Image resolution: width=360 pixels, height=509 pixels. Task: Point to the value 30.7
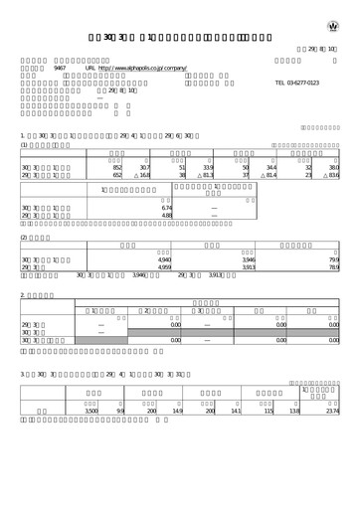pos(143,168)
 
